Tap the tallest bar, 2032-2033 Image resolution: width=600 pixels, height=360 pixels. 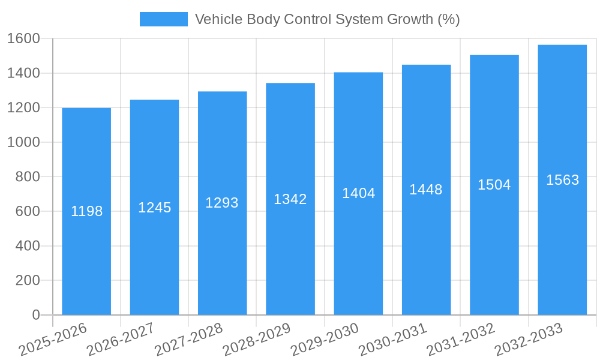click(x=562, y=252)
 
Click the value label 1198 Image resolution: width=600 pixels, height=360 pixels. click(x=86, y=211)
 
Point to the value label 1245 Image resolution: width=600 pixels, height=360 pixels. click(x=155, y=208)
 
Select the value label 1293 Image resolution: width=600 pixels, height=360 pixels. click(x=222, y=203)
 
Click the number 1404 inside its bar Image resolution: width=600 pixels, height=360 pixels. click(x=358, y=193)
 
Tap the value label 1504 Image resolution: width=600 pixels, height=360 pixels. click(x=494, y=185)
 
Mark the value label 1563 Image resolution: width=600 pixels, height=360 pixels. click(x=562, y=180)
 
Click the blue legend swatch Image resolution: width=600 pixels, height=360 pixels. click(x=163, y=19)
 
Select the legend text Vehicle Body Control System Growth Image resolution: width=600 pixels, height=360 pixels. click(x=327, y=19)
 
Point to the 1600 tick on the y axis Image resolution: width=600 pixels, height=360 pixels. click(x=23, y=39)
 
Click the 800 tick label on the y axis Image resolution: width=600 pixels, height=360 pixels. click(x=28, y=177)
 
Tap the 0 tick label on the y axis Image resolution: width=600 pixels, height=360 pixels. click(x=35, y=315)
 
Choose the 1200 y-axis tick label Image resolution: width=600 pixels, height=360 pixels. click(x=23, y=108)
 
